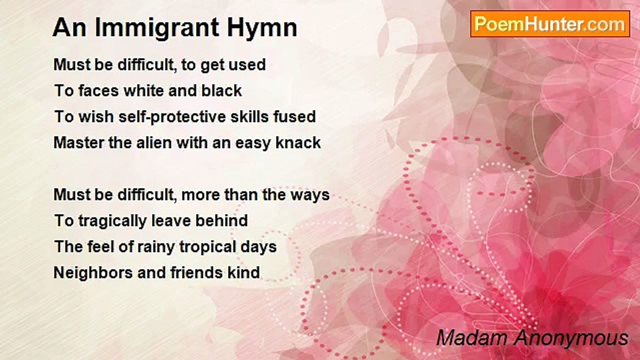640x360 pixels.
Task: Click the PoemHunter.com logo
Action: click(550, 23)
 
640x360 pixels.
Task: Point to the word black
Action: click(221, 90)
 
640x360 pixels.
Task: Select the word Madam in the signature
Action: click(470, 338)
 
